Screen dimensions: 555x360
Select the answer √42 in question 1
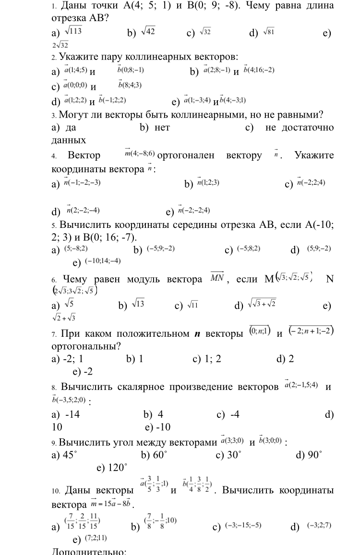pyautogui.click(x=147, y=32)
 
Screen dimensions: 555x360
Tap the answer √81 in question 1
pyautogui.click(x=267, y=32)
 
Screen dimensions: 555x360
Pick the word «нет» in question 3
pyautogui.click(x=162, y=128)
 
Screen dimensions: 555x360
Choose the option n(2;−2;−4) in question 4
pyautogui.click(x=83, y=210)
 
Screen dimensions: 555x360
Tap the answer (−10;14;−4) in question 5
pyautogui.click(x=102, y=261)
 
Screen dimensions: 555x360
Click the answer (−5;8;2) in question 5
pyautogui.click(x=248, y=249)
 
